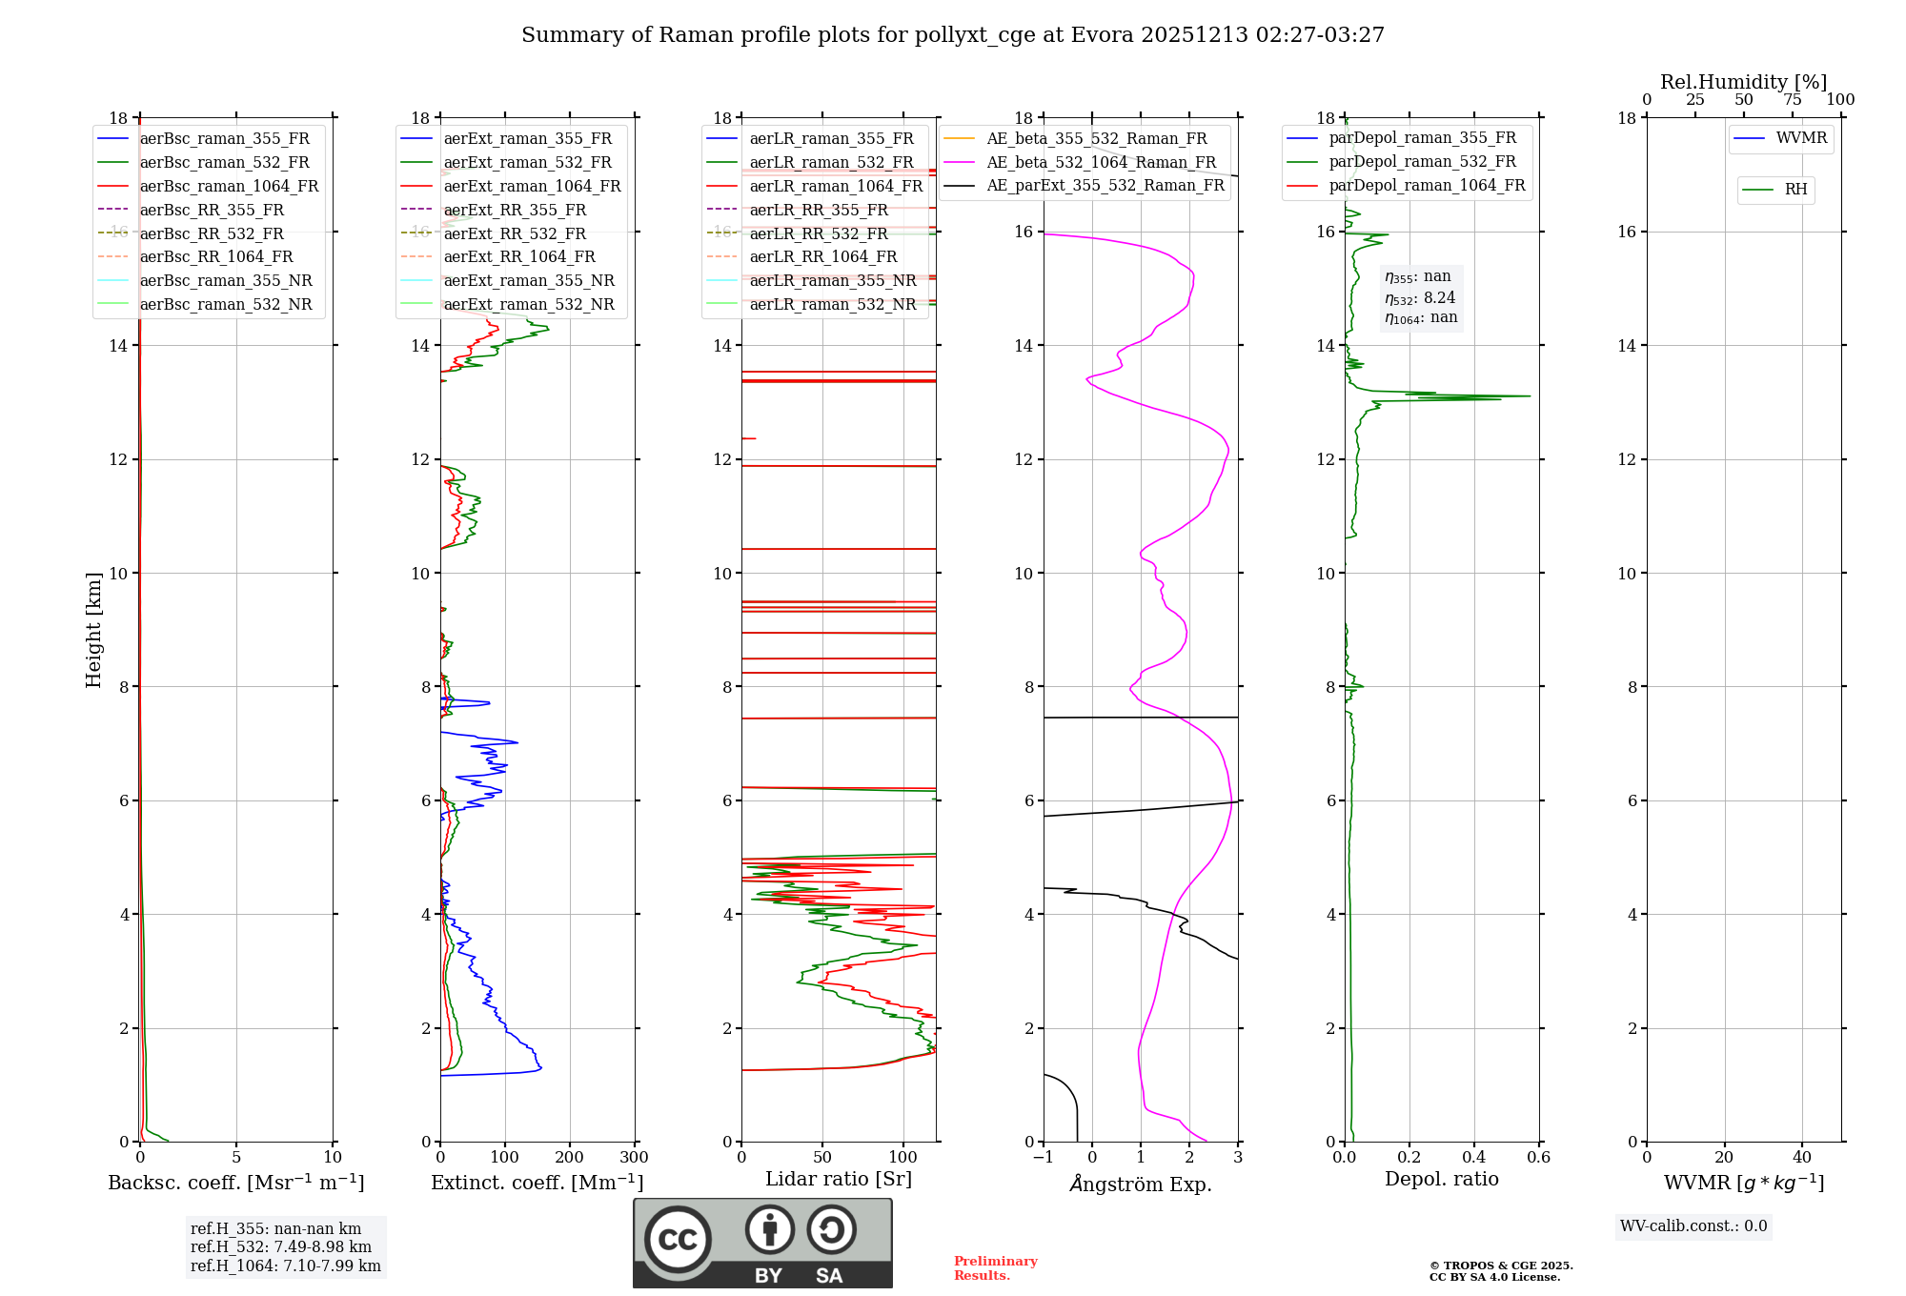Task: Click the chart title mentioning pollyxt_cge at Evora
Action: pos(952,35)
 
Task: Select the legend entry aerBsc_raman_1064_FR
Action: pos(229,186)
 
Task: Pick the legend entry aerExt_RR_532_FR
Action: pos(515,233)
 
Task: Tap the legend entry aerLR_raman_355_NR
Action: pos(832,280)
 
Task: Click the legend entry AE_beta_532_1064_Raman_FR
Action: pos(1101,162)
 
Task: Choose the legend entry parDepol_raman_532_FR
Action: pos(1422,161)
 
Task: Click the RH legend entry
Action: pos(1795,190)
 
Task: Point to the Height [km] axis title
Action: pos(93,630)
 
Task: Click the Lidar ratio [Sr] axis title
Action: pos(838,1179)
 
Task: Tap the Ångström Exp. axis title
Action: pos(1140,1184)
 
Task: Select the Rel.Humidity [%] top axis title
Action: pos(1743,82)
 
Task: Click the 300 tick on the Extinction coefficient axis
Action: pos(634,1158)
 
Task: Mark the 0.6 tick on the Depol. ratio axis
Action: pos(1538,1158)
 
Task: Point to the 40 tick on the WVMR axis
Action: pos(1801,1158)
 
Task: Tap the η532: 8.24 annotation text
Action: pos(1420,298)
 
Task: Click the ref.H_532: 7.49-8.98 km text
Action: pos(280,1246)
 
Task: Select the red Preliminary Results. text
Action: pos(995,1267)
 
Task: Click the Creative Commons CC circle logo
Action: pos(678,1239)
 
